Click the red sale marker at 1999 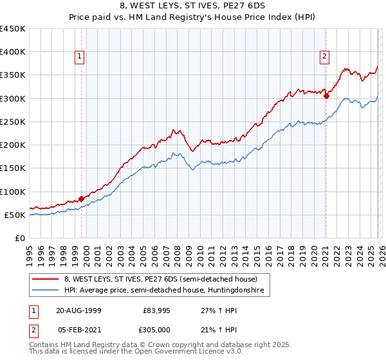pyautogui.click(x=82, y=199)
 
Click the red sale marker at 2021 pyautogui.click(x=326, y=96)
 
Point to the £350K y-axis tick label pyautogui.click(x=13, y=75)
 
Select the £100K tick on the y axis pyautogui.click(x=13, y=192)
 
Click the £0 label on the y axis pyautogui.click(x=21, y=239)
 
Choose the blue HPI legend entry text pyautogui.click(x=167, y=291)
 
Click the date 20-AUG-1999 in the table pyautogui.click(x=80, y=310)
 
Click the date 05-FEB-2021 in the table pyautogui.click(x=80, y=329)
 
